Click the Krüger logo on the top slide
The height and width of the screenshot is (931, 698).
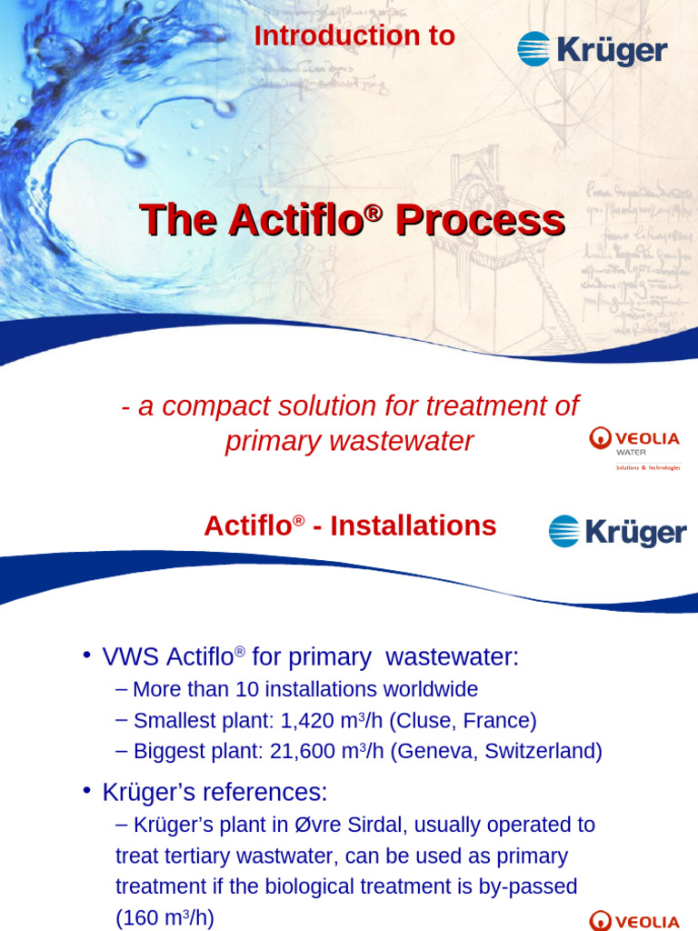[592, 49]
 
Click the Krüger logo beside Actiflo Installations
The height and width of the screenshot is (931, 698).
[617, 531]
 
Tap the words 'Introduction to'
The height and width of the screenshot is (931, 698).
[354, 35]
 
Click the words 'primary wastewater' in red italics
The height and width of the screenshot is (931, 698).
[349, 441]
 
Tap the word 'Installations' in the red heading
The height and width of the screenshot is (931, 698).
[413, 526]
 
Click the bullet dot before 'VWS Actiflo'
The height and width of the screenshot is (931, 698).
[86, 656]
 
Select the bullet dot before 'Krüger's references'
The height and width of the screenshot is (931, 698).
[86, 791]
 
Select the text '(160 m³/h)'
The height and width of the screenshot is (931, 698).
[165, 917]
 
